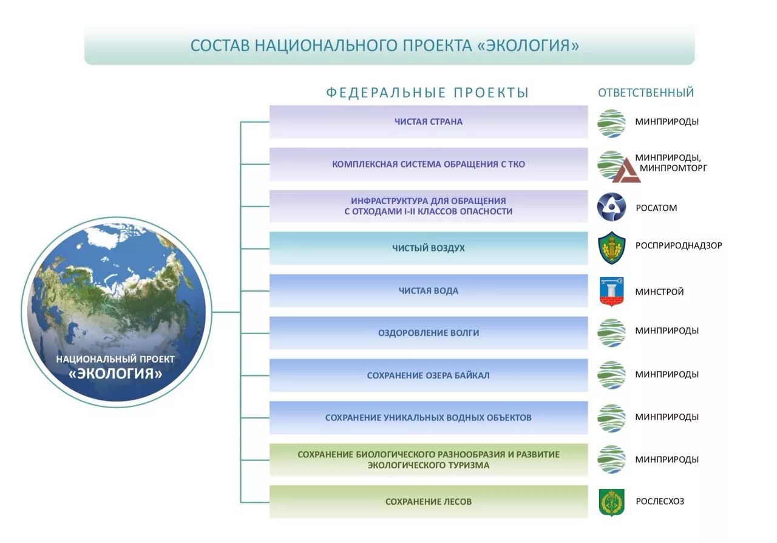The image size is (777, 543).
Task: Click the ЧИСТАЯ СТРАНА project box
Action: coord(429,121)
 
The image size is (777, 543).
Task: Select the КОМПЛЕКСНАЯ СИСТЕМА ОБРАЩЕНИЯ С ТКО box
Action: coord(429,164)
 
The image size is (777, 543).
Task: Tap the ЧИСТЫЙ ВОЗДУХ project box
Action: coord(429,248)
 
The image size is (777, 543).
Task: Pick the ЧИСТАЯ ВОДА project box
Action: coord(429,291)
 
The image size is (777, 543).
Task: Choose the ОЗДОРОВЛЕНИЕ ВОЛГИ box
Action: coord(429,333)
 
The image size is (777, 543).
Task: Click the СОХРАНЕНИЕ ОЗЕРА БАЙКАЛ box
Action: coord(429,375)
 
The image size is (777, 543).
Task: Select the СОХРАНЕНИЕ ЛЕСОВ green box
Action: coord(429,502)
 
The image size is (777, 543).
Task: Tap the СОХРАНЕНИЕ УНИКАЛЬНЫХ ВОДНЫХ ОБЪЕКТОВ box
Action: coord(429,417)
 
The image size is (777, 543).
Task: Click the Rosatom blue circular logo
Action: coord(611,207)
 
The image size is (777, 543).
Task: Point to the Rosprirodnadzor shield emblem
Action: coord(611,248)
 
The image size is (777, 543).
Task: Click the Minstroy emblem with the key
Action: coord(611,292)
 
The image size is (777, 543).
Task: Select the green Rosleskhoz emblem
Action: coord(611,502)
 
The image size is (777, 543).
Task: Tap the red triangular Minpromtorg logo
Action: coord(626,171)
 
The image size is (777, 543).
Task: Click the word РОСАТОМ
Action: coord(656,208)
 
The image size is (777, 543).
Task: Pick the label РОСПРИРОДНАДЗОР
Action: coord(679,246)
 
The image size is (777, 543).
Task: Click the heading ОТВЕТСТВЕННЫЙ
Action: coord(646,93)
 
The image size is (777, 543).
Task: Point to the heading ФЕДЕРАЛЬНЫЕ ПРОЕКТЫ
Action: coord(428,93)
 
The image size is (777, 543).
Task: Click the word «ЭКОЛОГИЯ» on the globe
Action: coord(115,374)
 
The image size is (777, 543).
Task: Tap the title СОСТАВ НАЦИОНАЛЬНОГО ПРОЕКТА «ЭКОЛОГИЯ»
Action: coord(385,46)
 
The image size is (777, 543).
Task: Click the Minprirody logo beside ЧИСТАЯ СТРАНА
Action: coord(611,123)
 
